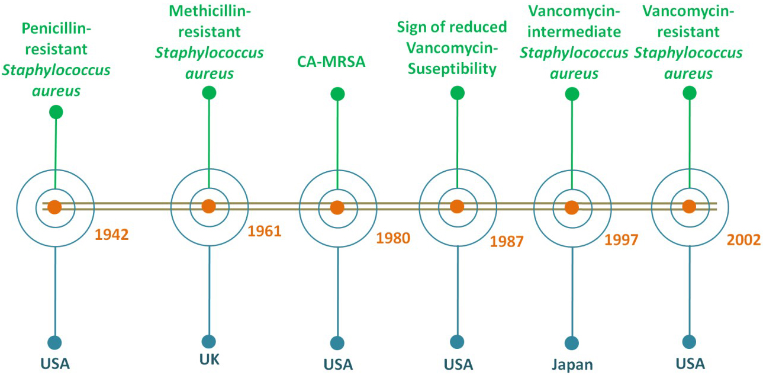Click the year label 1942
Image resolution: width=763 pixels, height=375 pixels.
[112, 235]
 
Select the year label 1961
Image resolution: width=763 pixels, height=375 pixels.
[265, 230]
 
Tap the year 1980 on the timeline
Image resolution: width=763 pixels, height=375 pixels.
[393, 239]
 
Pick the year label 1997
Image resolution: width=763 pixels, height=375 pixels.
[622, 239]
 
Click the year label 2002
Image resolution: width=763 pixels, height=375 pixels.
[743, 241]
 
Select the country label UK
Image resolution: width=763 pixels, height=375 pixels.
[208, 360]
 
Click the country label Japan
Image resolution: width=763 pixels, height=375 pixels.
[572, 363]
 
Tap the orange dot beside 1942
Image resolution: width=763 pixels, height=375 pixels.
[54, 207]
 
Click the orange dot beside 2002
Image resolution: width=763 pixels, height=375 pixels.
[688, 206]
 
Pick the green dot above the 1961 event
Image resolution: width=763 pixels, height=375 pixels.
[208, 92]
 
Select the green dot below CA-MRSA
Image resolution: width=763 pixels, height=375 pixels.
[337, 94]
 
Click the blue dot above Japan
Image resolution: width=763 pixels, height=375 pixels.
[572, 343]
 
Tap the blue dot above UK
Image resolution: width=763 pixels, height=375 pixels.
[208, 341]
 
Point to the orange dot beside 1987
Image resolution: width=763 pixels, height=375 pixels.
[456, 207]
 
